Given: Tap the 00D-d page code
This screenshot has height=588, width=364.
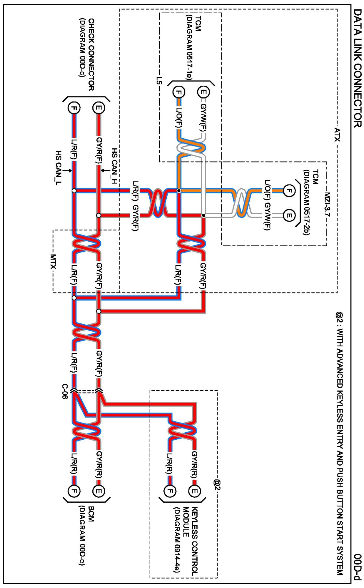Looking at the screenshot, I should (x=357, y=567).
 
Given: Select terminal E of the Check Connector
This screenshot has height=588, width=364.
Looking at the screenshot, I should (x=98, y=108).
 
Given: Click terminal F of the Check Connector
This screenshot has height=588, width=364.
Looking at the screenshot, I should (x=74, y=108).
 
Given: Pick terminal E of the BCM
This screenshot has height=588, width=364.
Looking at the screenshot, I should (x=98, y=491).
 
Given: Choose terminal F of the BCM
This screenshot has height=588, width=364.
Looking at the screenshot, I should (x=74, y=491).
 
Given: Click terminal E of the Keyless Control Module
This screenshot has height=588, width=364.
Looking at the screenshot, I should (x=194, y=491).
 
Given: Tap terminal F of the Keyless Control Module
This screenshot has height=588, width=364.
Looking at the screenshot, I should (x=170, y=491).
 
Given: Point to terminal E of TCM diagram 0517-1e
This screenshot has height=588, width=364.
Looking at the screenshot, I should (x=203, y=92).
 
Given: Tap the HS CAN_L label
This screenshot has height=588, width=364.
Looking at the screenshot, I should (x=59, y=168).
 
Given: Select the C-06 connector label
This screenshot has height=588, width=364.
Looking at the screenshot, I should (x=65, y=391).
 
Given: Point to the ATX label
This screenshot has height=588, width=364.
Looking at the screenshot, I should (x=337, y=134).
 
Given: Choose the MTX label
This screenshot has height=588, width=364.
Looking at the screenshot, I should (x=53, y=262).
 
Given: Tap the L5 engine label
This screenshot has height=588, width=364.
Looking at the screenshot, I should (x=159, y=80).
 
